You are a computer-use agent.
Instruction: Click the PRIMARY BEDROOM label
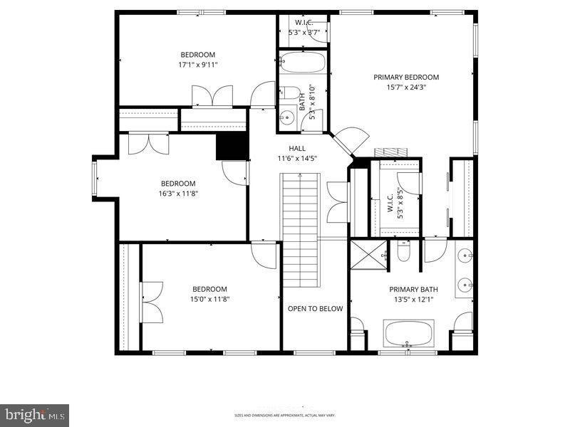[406, 77]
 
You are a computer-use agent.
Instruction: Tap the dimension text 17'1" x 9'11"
[197, 65]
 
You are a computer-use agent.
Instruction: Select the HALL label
[297, 148]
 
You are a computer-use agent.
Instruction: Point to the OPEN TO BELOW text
[315, 309]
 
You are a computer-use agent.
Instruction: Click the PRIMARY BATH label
[413, 289]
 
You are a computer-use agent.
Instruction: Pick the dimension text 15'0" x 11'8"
[209, 299]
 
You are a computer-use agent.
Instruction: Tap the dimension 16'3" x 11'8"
[177, 193]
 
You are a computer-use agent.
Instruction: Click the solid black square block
[232, 147]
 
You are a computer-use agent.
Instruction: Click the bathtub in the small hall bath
[302, 62]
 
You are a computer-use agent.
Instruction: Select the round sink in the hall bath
[288, 117]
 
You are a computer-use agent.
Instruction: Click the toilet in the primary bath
[403, 251]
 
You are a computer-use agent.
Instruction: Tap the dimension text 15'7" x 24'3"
[406, 88]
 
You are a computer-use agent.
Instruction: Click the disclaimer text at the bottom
[285, 415]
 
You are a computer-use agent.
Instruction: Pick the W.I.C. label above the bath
[304, 23]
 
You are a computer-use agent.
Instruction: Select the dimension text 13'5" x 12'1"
[413, 300]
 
